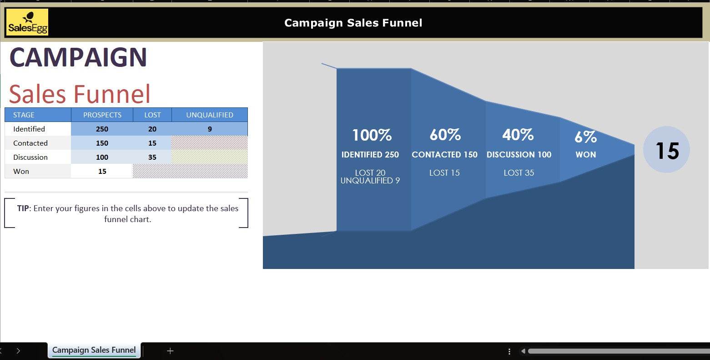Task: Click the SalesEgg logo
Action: (27, 22)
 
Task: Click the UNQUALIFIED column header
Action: (210, 115)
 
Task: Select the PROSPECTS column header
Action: (102, 115)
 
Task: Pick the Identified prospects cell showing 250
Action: (102, 129)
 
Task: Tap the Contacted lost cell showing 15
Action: (152, 143)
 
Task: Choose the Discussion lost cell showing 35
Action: (152, 157)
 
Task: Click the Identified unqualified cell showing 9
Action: (210, 129)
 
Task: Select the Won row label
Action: (21, 171)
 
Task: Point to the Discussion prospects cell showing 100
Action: (102, 157)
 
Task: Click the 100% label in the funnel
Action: (372, 135)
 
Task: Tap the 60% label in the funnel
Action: (445, 135)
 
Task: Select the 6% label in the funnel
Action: (586, 137)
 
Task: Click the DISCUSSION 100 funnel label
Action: (519, 154)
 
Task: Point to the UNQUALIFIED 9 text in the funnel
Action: (370, 181)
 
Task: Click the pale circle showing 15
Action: (666, 149)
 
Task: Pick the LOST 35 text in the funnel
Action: (519, 173)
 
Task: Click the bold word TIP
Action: (23, 208)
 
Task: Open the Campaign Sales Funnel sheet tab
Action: (94, 350)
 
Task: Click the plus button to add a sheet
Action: (170, 351)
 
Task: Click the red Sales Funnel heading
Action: (79, 94)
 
